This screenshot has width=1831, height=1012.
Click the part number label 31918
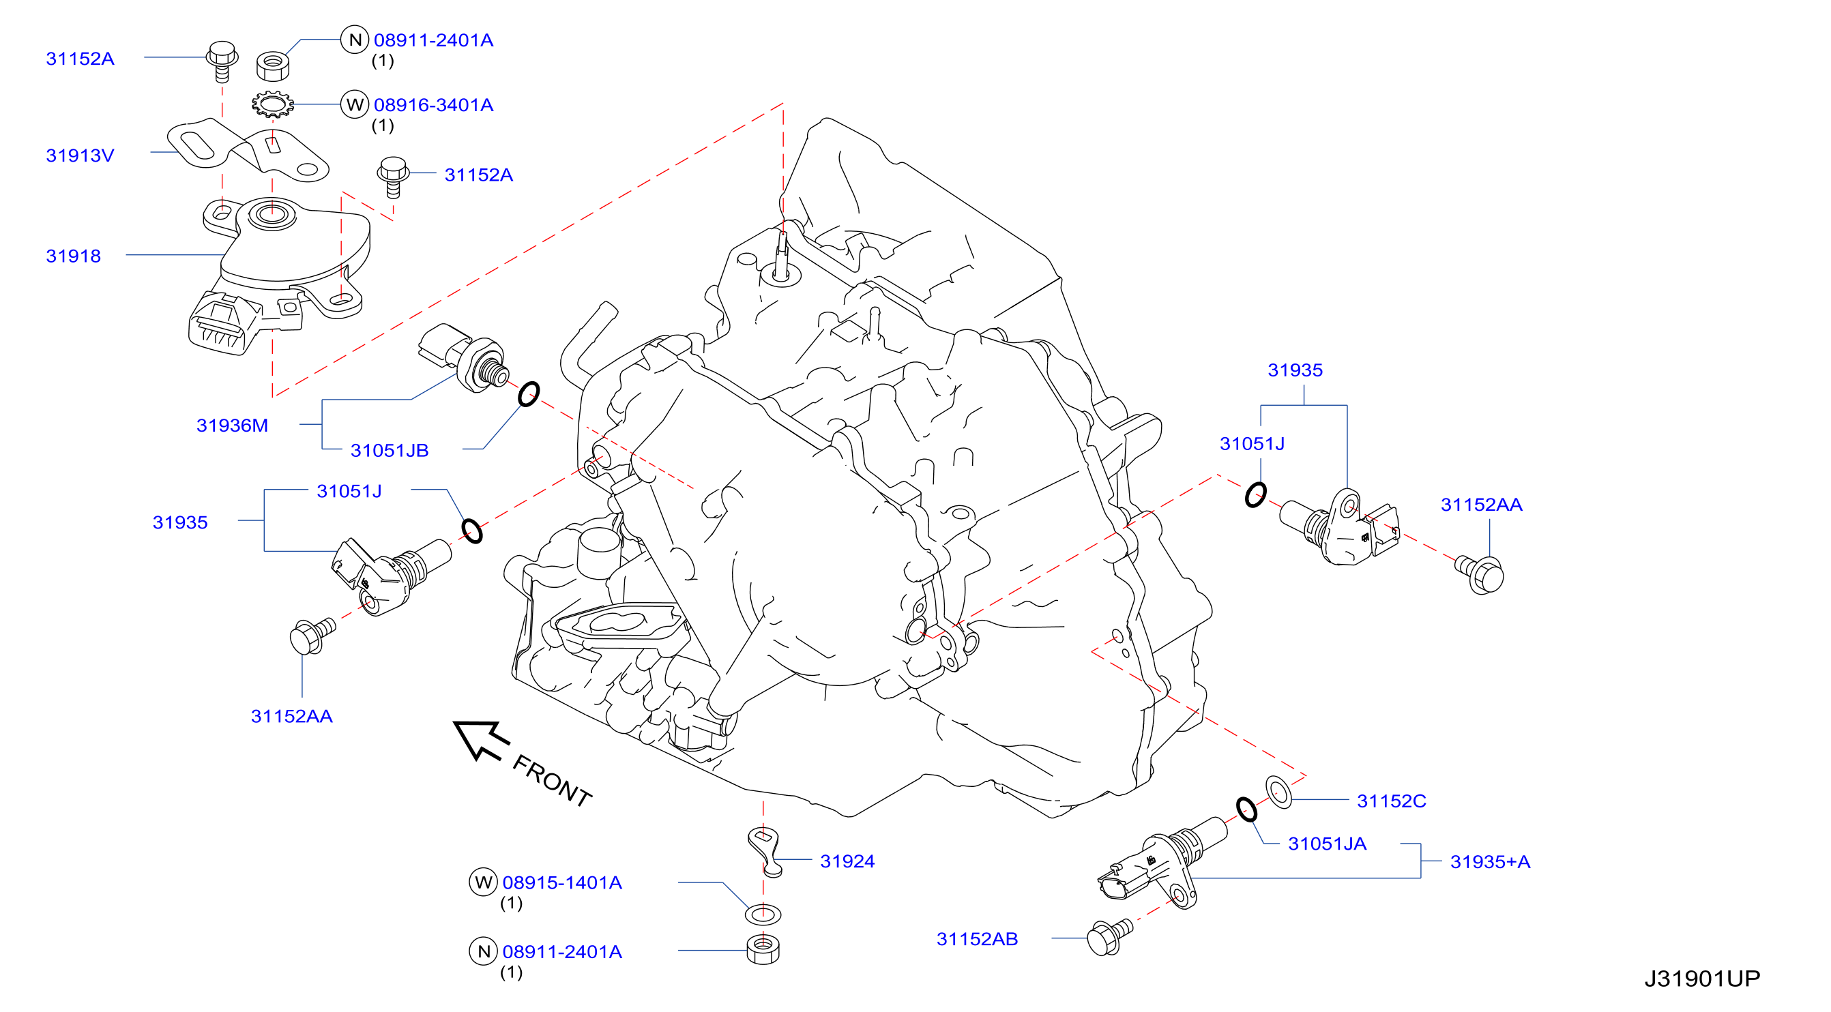pyautogui.click(x=73, y=256)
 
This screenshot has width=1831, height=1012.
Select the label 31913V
pyautogui.click(x=80, y=155)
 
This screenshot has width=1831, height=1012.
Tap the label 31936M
pyautogui.click(x=232, y=425)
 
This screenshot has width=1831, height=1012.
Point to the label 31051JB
pyautogui.click(x=390, y=450)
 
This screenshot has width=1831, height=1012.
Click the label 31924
pyautogui.click(x=847, y=861)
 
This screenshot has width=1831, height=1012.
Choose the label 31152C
pyautogui.click(x=1391, y=800)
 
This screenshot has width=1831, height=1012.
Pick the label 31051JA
pyautogui.click(x=1327, y=843)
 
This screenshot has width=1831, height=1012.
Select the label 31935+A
pyautogui.click(x=1490, y=861)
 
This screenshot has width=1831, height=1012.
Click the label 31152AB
pyautogui.click(x=977, y=939)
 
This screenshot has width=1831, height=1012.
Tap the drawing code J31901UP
pyautogui.click(x=1701, y=978)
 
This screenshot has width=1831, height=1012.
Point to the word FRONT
pyautogui.click(x=552, y=780)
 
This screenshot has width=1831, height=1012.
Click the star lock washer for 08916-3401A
pyautogui.click(x=272, y=105)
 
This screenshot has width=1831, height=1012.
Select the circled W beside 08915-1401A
pyautogui.click(x=484, y=882)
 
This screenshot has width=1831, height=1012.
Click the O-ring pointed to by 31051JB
pyautogui.click(x=528, y=393)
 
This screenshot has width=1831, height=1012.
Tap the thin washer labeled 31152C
pyautogui.click(x=1278, y=792)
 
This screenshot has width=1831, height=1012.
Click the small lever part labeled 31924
pyautogui.click(x=765, y=851)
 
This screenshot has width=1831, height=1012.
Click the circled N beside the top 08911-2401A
pyautogui.click(x=355, y=40)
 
